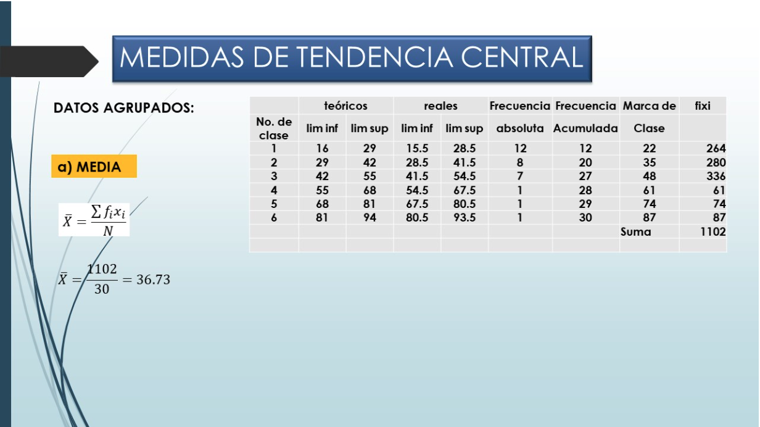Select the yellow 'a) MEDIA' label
click(x=94, y=167)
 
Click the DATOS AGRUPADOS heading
click(x=124, y=108)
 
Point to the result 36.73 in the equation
click(x=153, y=280)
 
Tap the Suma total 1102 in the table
click(x=713, y=231)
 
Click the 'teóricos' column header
click(x=345, y=106)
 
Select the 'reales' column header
click(x=440, y=106)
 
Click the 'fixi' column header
click(x=702, y=106)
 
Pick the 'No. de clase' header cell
click(x=274, y=128)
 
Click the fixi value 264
click(x=716, y=148)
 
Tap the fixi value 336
click(x=716, y=176)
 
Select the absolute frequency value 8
click(x=520, y=162)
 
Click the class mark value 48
click(x=649, y=176)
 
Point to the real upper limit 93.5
click(x=464, y=218)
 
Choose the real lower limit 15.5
click(x=417, y=148)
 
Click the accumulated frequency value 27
click(x=585, y=176)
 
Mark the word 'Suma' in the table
click(x=635, y=232)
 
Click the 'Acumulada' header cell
click(x=585, y=128)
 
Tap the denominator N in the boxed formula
click(x=108, y=231)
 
